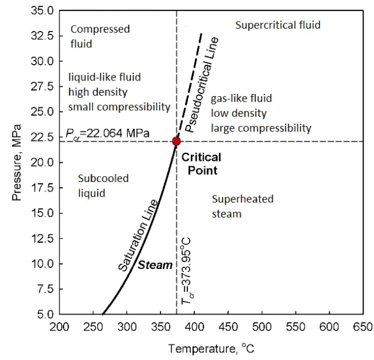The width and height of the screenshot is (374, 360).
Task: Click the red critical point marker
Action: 176,141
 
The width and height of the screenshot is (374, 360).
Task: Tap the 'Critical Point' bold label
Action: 201,164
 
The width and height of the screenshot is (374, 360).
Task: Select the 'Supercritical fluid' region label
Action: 278,25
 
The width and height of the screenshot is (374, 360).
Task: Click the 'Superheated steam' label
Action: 235,206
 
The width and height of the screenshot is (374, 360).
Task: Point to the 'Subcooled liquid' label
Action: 95,186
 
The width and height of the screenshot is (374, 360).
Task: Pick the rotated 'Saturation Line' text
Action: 138,235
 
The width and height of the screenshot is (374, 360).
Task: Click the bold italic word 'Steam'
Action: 155,265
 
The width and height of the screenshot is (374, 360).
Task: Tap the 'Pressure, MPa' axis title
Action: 17,162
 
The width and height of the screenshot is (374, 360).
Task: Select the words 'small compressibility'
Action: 119,107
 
